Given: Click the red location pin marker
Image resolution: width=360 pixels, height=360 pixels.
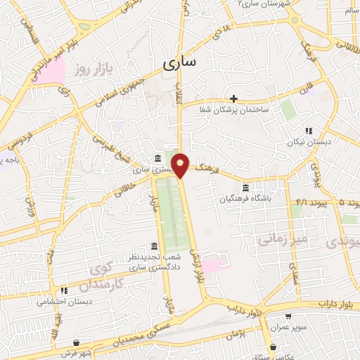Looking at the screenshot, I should point(181,165).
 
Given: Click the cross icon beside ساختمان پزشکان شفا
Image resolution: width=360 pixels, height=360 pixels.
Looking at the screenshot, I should point(234,98).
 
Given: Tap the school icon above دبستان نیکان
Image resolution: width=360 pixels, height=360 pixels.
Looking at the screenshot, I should point(308,131).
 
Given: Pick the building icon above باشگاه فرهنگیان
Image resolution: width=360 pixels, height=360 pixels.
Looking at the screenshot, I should point(245,188).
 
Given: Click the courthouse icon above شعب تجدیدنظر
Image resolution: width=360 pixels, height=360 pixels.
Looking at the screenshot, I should point(154,246).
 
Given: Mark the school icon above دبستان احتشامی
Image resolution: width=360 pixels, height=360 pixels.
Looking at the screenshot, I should point(64,290).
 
